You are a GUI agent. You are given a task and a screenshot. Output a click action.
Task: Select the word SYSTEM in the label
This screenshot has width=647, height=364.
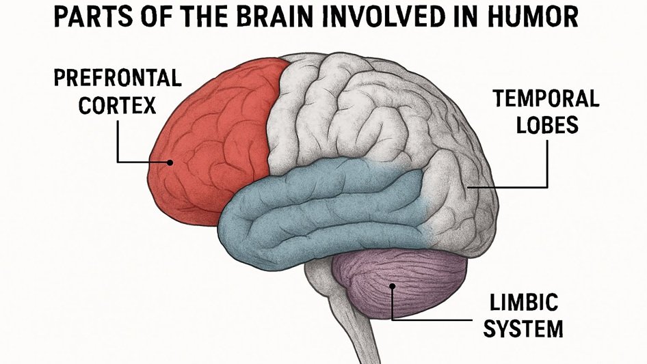point(525,328)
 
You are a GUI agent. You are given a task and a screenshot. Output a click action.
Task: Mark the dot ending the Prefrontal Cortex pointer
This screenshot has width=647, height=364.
point(170,163)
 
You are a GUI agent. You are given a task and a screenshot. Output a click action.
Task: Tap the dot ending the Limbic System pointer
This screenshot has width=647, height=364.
point(391,287)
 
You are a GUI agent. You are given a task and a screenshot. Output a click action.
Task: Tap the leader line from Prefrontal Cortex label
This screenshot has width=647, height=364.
point(118,140)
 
